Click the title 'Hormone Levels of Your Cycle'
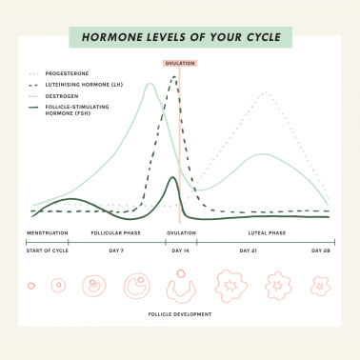pos(180,38)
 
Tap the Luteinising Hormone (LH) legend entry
pos(83,85)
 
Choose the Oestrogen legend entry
pos(62,96)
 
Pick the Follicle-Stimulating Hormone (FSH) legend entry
pos(83,111)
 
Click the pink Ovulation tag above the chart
pos(180,64)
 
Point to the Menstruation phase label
pos(47,232)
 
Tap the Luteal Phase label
pos(266,232)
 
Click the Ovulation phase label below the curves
pos(181,232)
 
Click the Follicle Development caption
pos(180,312)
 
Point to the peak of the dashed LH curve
pos(174,76)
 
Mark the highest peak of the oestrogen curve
pos(150,84)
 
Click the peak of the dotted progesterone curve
pos(264,93)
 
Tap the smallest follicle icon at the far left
pos(31,285)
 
